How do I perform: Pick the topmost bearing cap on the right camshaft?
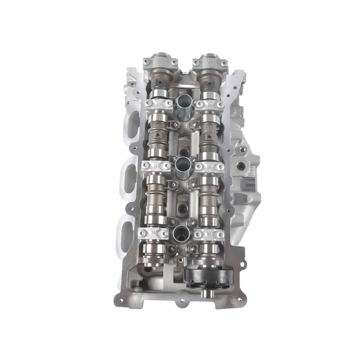[x=209, y=61]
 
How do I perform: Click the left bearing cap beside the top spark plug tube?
[x=158, y=104]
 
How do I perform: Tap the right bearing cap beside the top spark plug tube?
[x=210, y=104]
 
